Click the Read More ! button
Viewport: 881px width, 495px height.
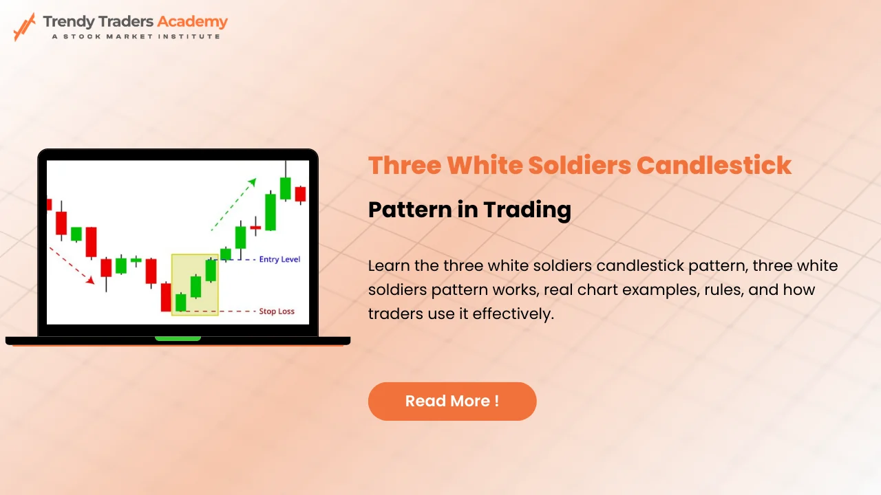pos(452,401)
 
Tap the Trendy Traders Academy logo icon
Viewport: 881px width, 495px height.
pos(24,26)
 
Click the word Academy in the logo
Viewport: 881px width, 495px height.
pos(192,21)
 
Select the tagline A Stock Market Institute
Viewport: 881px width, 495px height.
pos(136,36)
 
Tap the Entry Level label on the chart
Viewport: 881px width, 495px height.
pos(279,260)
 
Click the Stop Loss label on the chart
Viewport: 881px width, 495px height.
pos(276,311)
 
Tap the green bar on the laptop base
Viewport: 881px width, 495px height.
pos(178,338)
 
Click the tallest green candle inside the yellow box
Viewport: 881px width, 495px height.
pos(211,269)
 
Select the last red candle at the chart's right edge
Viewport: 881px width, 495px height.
pos(300,193)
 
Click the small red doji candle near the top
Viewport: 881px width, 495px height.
pos(255,227)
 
